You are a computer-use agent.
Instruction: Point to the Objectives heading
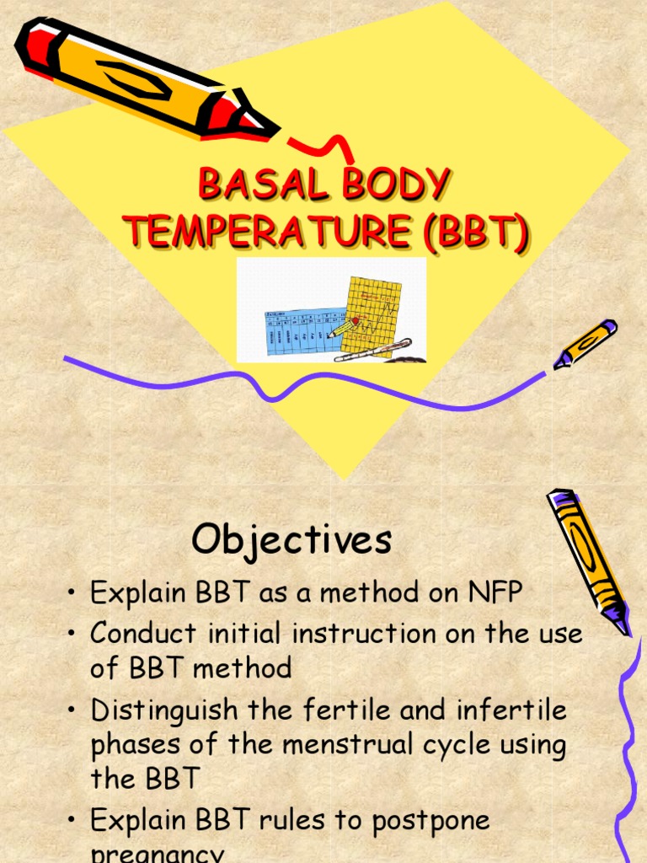291,540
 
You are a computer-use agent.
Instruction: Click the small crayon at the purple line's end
586,343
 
